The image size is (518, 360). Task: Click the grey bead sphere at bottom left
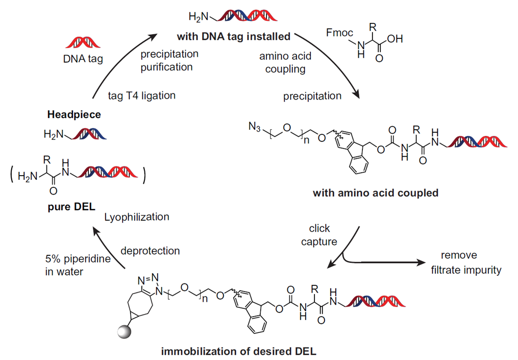tap(125, 332)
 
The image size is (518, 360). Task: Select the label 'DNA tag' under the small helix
tap(83, 59)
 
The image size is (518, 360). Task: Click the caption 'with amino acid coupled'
tap(377, 193)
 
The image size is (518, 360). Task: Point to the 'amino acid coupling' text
tap(285, 61)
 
